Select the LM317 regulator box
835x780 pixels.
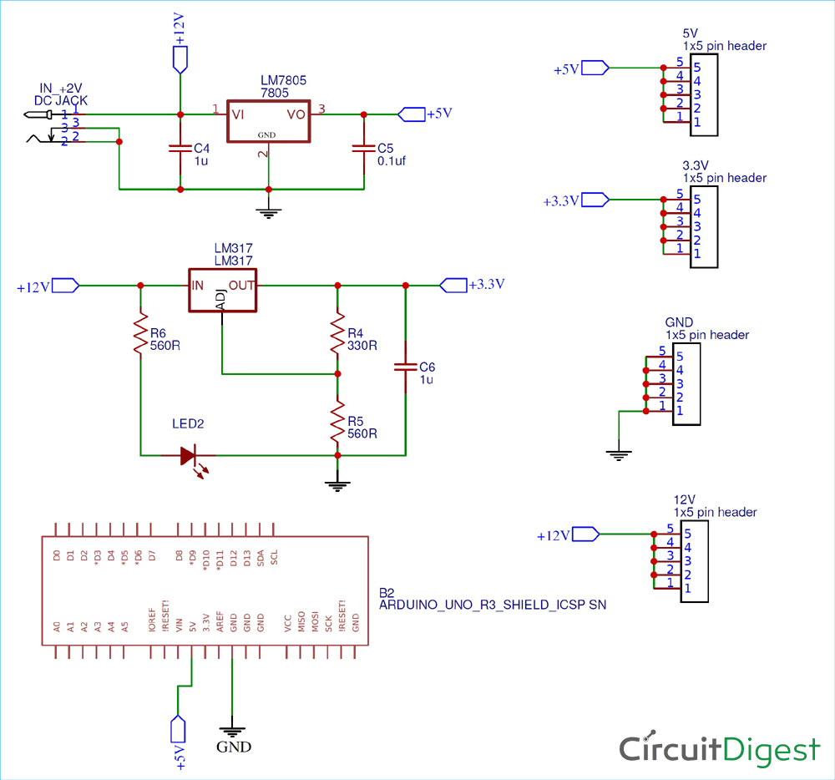[x=221, y=290]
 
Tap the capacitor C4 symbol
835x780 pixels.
[x=180, y=148]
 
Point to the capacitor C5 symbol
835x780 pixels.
[x=363, y=148]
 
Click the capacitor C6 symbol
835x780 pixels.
[x=405, y=367]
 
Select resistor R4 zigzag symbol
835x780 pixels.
[x=337, y=332]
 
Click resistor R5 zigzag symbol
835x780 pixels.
[x=337, y=422]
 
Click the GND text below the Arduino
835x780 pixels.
[x=233, y=747]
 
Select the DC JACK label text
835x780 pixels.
[x=60, y=100]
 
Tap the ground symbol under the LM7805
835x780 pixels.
[x=268, y=212]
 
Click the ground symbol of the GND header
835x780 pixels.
[x=618, y=455]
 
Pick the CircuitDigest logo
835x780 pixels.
[x=719, y=749]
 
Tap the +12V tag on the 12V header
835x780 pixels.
[x=554, y=535]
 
